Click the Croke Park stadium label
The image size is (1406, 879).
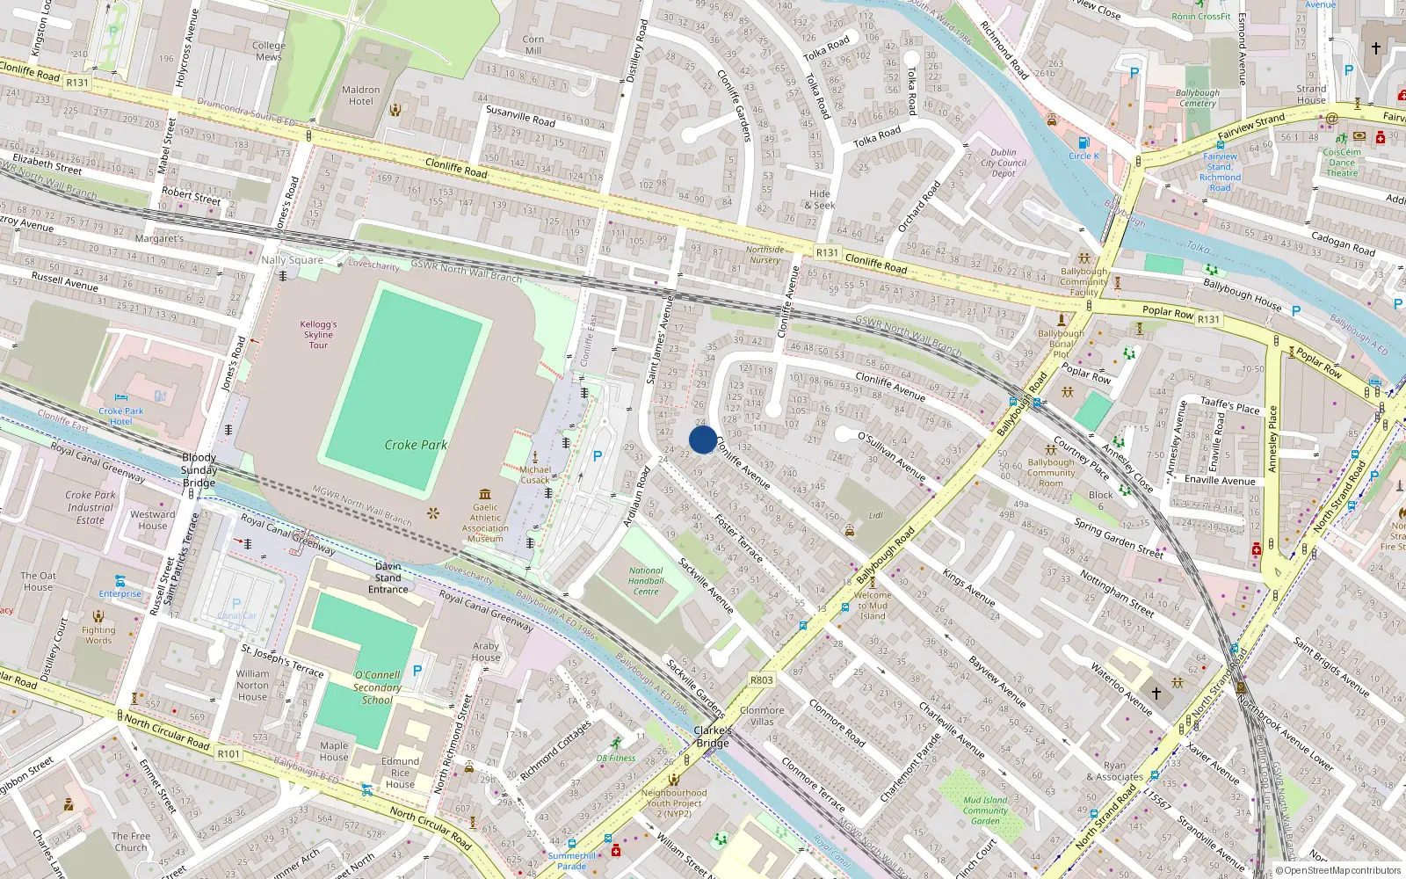pyautogui.click(x=416, y=445)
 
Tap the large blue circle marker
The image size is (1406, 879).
pyautogui.click(x=703, y=439)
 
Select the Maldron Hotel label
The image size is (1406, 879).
pyautogui.click(x=361, y=95)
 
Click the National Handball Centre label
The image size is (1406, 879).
pyautogui.click(x=646, y=581)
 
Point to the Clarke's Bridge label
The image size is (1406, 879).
pyautogui.click(x=713, y=737)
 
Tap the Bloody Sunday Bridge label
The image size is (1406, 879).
pyautogui.click(x=199, y=469)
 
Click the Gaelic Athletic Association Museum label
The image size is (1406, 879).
pyautogui.click(x=485, y=522)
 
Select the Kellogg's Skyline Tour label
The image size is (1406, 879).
pyautogui.click(x=318, y=334)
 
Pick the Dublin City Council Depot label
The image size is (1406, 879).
pyautogui.click(x=1004, y=163)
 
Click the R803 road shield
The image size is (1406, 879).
pyautogui.click(x=762, y=679)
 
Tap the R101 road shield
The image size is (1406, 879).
pyautogui.click(x=228, y=753)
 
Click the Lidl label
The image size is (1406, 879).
pyautogui.click(x=876, y=515)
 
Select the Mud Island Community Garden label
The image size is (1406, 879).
pyautogui.click(x=985, y=810)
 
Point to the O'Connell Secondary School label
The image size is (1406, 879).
pyautogui.click(x=377, y=687)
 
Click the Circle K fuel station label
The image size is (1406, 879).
pyautogui.click(x=1083, y=156)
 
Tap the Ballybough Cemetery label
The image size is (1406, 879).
pyautogui.click(x=1198, y=98)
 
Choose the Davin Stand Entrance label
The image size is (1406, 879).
pyautogui.click(x=388, y=578)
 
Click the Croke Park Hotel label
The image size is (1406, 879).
pyautogui.click(x=121, y=416)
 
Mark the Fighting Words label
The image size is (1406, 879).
pyautogui.click(x=98, y=635)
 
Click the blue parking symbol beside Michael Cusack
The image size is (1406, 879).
pyautogui.click(x=598, y=455)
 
